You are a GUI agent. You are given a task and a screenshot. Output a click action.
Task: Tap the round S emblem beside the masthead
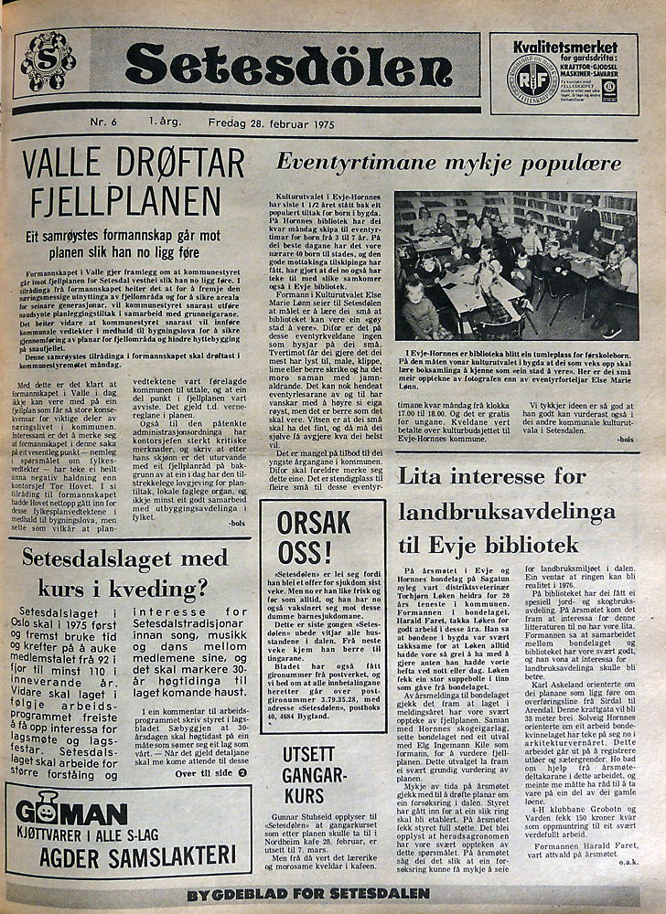48,61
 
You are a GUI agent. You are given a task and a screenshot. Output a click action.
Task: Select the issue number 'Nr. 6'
102,122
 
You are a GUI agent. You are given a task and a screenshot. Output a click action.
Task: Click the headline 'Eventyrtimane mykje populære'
448,164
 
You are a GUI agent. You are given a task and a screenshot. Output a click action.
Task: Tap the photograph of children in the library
515,265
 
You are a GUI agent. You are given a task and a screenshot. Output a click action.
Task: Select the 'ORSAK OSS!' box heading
314,537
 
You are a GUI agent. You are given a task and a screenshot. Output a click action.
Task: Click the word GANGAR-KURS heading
314,786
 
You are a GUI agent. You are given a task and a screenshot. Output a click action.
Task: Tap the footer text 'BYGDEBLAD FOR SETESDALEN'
307,895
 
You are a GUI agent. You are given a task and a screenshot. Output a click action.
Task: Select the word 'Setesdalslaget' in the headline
87,558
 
